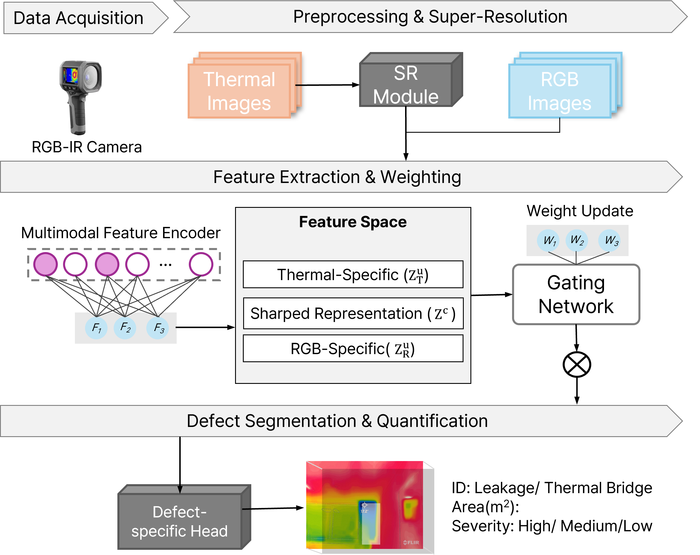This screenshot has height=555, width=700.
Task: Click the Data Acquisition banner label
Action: click(x=78, y=18)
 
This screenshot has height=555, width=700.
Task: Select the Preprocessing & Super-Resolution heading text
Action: click(x=430, y=16)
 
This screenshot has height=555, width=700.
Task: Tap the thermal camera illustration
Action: click(x=80, y=94)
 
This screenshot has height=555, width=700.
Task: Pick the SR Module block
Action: click(x=406, y=85)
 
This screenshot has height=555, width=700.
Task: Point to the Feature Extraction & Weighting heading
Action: click(x=337, y=177)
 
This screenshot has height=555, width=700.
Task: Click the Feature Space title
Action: click(x=352, y=222)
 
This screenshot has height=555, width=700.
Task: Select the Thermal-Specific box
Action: click(x=353, y=275)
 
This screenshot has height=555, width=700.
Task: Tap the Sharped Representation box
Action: click(x=353, y=314)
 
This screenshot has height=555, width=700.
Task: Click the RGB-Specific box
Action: click(x=353, y=349)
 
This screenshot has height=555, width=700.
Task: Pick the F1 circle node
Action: click(x=96, y=328)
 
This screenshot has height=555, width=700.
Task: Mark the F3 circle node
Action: click(x=158, y=328)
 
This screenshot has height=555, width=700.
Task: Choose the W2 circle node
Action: click(x=577, y=240)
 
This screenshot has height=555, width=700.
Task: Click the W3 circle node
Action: click(x=610, y=240)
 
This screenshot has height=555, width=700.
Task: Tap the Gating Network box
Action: click(x=576, y=294)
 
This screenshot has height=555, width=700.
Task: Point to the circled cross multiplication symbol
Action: click(x=577, y=365)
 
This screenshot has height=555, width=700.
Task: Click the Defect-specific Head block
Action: click(x=180, y=521)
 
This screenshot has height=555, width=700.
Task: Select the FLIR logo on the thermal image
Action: click(x=411, y=542)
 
